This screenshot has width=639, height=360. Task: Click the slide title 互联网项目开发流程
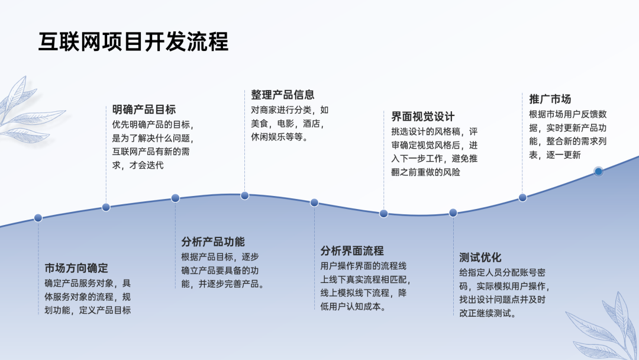133,42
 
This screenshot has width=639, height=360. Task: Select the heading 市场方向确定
76,268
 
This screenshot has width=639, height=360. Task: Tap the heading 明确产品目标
144,110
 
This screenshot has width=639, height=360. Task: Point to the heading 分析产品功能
213,242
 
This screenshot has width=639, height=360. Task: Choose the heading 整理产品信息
282,95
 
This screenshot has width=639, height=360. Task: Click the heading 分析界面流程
352,250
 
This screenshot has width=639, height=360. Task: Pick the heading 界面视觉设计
422,116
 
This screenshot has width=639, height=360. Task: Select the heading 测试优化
480,257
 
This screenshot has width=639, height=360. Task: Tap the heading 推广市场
550,99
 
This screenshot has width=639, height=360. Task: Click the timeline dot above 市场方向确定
38,218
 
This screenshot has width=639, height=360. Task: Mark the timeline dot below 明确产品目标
106,207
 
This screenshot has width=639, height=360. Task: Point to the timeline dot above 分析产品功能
175,198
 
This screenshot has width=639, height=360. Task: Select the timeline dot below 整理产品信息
244,195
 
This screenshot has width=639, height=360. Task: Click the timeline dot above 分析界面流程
314,202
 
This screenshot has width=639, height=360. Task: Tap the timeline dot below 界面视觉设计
383,213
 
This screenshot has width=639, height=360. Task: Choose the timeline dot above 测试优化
453,213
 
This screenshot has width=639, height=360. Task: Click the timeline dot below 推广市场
522,198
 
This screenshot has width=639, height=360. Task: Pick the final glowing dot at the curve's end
598,171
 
